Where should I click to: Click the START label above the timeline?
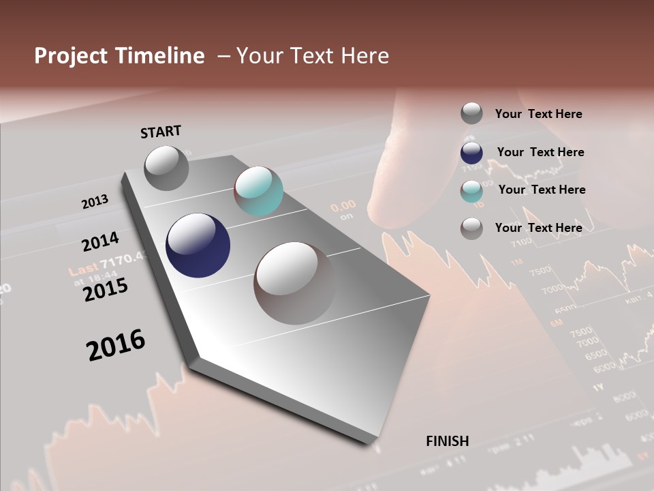tap(161, 132)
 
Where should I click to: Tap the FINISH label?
tap(447, 441)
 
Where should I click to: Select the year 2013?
tap(95, 202)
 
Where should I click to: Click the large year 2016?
tap(116, 345)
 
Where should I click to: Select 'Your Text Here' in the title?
tap(313, 56)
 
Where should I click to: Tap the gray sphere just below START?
tap(166, 168)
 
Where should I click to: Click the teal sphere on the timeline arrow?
tap(258, 191)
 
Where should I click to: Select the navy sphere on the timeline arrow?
tap(198, 245)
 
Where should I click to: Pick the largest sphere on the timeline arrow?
tap(295, 282)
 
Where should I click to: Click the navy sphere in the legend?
tap(471, 153)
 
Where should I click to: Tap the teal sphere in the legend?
tap(471, 191)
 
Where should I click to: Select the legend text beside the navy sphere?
tap(540, 152)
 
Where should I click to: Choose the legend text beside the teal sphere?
tap(542, 190)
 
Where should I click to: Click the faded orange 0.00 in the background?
tap(343, 205)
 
